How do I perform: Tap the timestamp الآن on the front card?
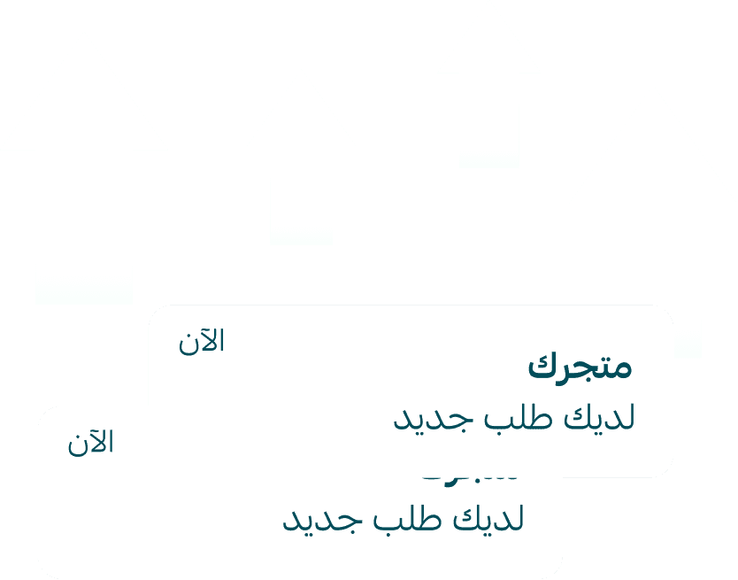click(x=202, y=342)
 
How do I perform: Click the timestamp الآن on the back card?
click(x=91, y=443)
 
